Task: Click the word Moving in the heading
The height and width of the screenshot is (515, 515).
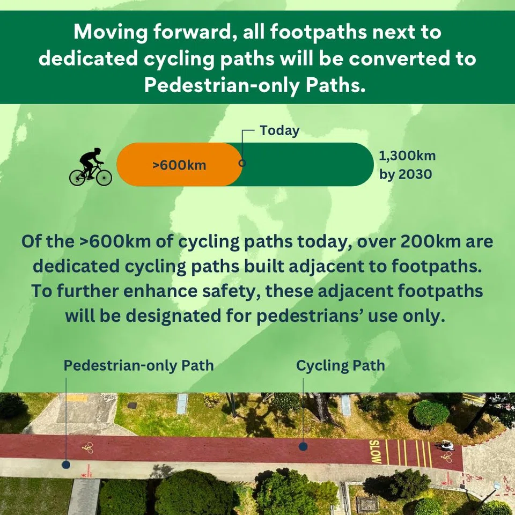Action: click(111, 33)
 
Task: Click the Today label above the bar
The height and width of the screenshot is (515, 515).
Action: click(279, 131)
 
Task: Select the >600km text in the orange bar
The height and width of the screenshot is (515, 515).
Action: click(179, 165)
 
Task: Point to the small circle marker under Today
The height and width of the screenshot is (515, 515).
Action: click(242, 163)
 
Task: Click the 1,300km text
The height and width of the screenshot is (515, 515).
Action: click(407, 156)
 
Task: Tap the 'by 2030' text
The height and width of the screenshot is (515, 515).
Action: click(406, 174)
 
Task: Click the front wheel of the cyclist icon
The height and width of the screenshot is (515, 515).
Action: click(104, 178)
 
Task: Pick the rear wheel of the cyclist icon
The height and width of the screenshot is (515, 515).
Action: click(77, 178)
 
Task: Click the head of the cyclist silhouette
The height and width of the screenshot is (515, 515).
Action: click(97, 151)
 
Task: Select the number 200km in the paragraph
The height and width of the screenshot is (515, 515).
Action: click(430, 242)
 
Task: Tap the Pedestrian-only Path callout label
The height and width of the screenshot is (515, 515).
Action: click(138, 365)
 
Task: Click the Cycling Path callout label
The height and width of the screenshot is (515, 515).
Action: click(341, 366)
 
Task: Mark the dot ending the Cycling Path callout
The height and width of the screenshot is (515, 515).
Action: click(303, 447)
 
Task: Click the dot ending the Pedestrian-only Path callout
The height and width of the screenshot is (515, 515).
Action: click(66, 465)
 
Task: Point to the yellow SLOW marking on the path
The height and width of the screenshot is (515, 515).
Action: click(375, 452)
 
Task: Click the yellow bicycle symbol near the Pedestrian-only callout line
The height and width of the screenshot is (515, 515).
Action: click(88, 447)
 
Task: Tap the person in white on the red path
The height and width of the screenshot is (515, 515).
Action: click(446, 445)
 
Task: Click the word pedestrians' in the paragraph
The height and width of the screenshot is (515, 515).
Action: click(309, 317)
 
